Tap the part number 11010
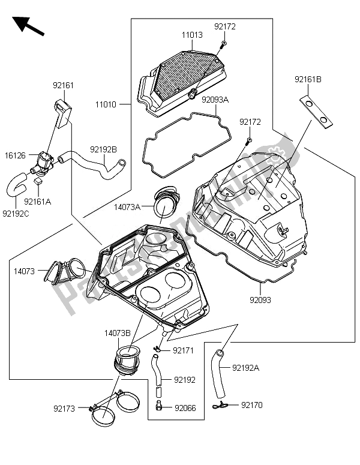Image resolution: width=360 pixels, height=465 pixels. coord(106,104)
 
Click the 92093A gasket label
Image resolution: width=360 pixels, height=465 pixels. coord(215,100)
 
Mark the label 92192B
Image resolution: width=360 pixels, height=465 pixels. coord(103,149)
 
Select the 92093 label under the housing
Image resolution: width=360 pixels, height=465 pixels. coord(261,298)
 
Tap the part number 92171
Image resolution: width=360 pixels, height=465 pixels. coord(184,350)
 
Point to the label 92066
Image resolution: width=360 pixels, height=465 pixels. coord(185,408)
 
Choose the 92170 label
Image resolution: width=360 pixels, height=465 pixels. coord(252,405)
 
